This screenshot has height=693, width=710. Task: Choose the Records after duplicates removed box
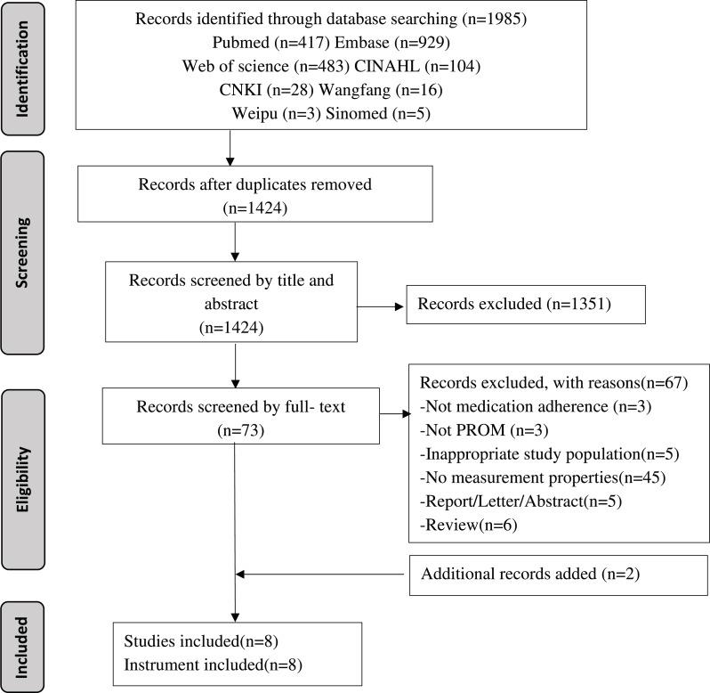pos(234,196)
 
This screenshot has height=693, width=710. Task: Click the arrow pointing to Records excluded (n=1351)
pos(381,308)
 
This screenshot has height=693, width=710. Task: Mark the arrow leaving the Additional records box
pos(325,575)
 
